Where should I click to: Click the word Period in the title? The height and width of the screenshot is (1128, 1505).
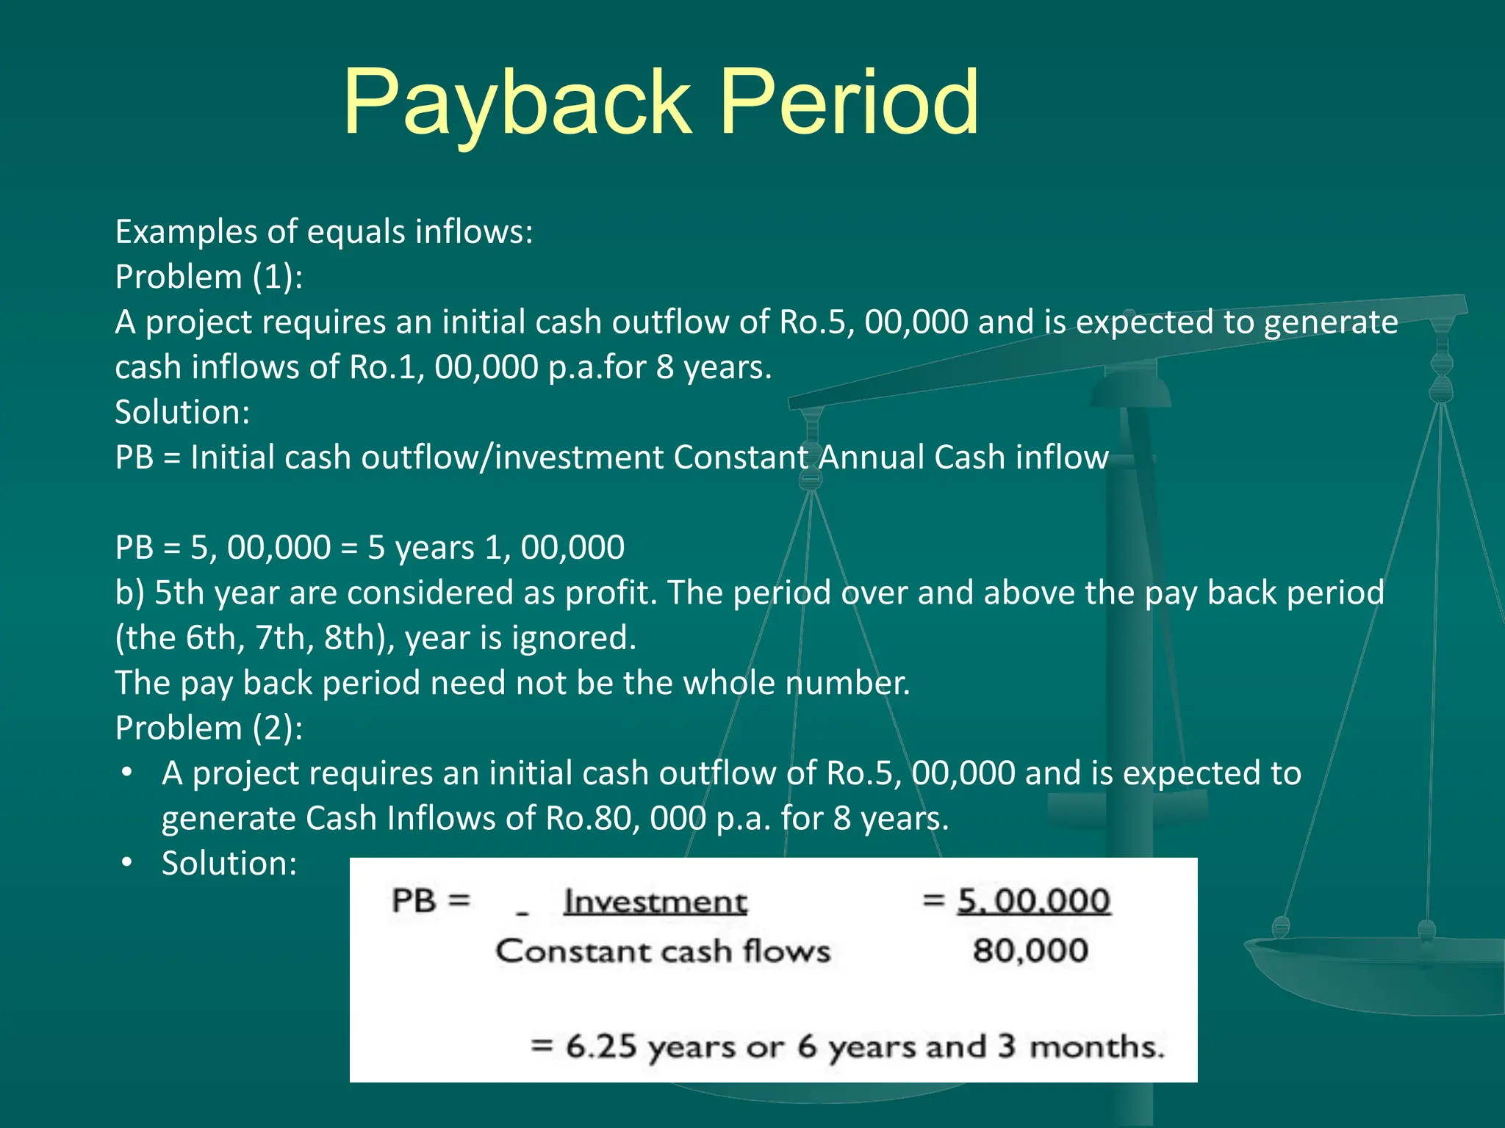point(849,103)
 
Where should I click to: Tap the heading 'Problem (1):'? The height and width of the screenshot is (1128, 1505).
point(209,277)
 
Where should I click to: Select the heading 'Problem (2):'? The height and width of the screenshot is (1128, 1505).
point(209,728)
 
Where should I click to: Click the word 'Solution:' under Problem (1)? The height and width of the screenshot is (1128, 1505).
point(182,412)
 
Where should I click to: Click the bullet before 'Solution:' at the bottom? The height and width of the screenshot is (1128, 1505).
point(128,862)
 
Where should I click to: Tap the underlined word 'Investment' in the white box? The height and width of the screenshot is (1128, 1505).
point(655,902)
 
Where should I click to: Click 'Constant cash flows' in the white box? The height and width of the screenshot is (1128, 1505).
point(663,951)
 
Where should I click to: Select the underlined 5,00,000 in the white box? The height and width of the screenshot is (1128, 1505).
point(1033,901)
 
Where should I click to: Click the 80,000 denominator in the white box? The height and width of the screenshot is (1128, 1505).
point(1030,951)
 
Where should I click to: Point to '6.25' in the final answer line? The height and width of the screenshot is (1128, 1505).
point(600,1046)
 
